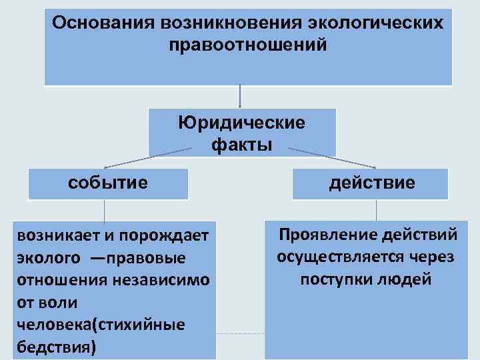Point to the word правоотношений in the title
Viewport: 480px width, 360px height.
tap(248, 46)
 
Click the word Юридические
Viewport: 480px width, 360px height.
tap(241, 123)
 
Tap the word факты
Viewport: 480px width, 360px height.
tap(241, 143)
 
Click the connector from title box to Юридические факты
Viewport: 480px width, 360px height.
tap(240, 97)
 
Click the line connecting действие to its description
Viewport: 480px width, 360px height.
tap(377, 210)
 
